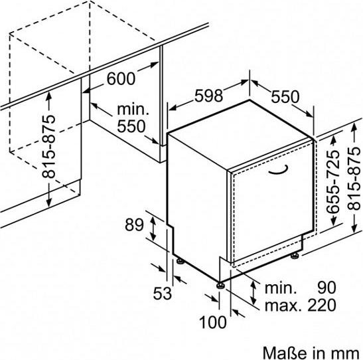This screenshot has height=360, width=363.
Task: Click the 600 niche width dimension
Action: pyautogui.click(x=121, y=78)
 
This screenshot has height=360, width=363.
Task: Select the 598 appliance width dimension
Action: pyautogui.click(x=208, y=95)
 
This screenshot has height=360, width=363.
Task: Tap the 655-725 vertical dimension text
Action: pyautogui.click(x=333, y=181)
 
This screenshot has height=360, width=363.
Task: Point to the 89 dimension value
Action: pyautogui.click(x=134, y=225)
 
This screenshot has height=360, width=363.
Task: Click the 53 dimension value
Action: pyautogui.click(x=163, y=293)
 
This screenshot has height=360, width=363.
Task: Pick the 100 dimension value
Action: pyautogui.click(x=213, y=322)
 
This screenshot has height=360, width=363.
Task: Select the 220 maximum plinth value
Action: pyautogui.click(x=322, y=305)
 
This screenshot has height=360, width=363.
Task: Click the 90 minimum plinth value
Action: pyautogui.click(x=327, y=288)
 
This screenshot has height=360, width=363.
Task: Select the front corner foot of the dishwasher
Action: pyautogui.click(x=220, y=286)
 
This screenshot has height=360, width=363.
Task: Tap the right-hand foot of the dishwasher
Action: pyautogui.click(x=295, y=256)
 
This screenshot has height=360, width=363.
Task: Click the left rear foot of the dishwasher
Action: pyautogui.click(x=181, y=261)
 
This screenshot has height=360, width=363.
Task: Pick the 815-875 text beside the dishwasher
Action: pyautogui.click(x=354, y=179)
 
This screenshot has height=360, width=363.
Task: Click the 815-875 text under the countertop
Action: pyautogui.click(x=48, y=147)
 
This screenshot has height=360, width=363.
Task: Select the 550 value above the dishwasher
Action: pyautogui.click(x=285, y=97)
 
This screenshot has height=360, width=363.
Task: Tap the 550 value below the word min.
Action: pyautogui.click(x=131, y=126)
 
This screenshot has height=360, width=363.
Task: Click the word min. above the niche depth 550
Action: pyautogui.click(x=133, y=110)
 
